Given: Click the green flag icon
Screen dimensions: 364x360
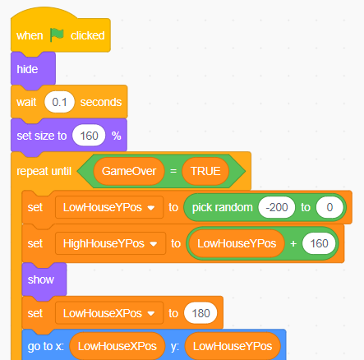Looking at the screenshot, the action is pyautogui.click(x=57, y=35).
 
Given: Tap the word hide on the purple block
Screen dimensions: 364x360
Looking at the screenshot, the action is pyautogui.click(x=27, y=69).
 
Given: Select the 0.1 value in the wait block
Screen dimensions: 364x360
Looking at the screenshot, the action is pyautogui.click(x=59, y=102).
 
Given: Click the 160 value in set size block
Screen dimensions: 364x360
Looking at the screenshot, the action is pyautogui.click(x=89, y=136).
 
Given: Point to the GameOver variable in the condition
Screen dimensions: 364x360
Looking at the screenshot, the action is pyautogui.click(x=129, y=171).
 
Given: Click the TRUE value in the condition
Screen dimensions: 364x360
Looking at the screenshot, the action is pyautogui.click(x=205, y=171).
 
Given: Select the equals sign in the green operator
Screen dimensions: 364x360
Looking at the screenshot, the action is pyautogui.click(x=173, y=171).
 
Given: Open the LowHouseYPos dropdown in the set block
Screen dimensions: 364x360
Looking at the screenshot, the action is pyautogui.click(x=109, y=207).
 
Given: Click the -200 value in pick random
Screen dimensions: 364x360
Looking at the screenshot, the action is pyautogui.click(x=277, y=207).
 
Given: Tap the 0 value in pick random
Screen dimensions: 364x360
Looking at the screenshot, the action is pyautogui.click(x=329, y=207).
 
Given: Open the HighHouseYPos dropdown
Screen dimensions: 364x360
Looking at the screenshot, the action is pyautogui.click(x=110, y=243).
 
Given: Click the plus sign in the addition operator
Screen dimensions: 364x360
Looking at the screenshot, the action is pyautogui.click(x=293, y=243).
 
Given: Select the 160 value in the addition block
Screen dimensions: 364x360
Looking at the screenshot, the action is pyautogui.click(x=319, y=243).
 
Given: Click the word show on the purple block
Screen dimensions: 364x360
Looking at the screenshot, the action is pyautogui.click(x=41, y=279).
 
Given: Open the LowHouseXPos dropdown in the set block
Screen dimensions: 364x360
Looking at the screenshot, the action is pyautogui.click(x=109, y=313).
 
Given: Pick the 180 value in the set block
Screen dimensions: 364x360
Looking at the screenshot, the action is pyautogui.click(x=200, y=313).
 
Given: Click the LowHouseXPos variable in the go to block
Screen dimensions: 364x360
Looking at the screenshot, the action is pyautogui.click(x=117, y=346).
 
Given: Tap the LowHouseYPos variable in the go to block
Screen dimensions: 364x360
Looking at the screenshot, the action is pyautogui.click(x=233, y=346).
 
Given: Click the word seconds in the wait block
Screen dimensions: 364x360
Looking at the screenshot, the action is pyautogui.click(x=101, y=102).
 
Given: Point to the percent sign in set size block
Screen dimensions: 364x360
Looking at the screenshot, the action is pyautogui.click(x=117, y=136).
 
